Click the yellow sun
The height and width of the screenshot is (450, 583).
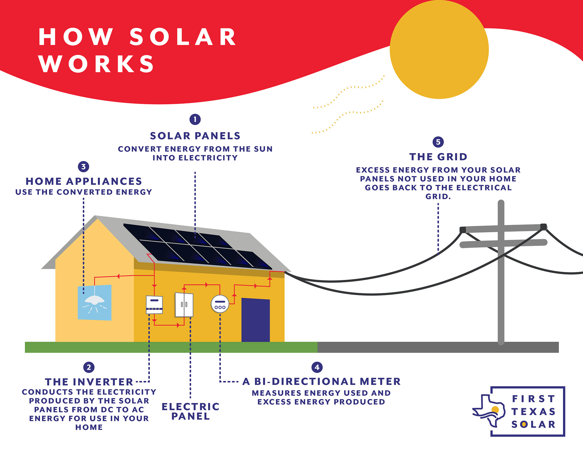pyautogui.click(x=439, y=49)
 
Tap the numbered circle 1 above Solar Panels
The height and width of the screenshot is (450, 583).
pyautogui.click(x=195, y=119)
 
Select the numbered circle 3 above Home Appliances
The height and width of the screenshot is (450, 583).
pyautogui.click(x=84, y=166)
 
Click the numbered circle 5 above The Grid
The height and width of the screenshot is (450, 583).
pyautogui.click(x=438, y=142)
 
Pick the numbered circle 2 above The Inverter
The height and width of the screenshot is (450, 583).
pyautogui.click(x=89, y=367)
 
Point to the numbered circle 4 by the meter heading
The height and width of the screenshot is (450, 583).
pyautogui.click(x=317, y=367)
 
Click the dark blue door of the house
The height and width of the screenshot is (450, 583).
pyautogui.click(x=256, y=320)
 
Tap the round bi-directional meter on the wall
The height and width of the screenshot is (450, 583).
pyautogui.click(x=220, y=304)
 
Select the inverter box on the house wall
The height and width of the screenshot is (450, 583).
pyautogui.click(x=154, y=305)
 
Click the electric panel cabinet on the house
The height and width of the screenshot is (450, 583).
pyautogui.click(x=184, y=305)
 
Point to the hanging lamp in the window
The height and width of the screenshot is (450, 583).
pyautogui.click(x=94, y=301)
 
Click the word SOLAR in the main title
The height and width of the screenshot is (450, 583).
pyautogui.click(x=183, y=37)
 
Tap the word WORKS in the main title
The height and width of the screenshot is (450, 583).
pyautogui.click(x=97, y=64)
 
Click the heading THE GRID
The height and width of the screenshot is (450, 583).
pyautogui.click(x=438, y=157)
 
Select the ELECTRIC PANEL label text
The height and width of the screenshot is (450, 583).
pyautogui.click(x=190, y=411)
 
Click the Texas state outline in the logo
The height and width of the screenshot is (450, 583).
pyautogui.click(x=489, y=410)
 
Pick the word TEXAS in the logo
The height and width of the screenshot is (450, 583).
pyautogui.click(x=534, y=411)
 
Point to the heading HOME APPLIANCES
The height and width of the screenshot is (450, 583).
pyautogui.click(x=84, y=181)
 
